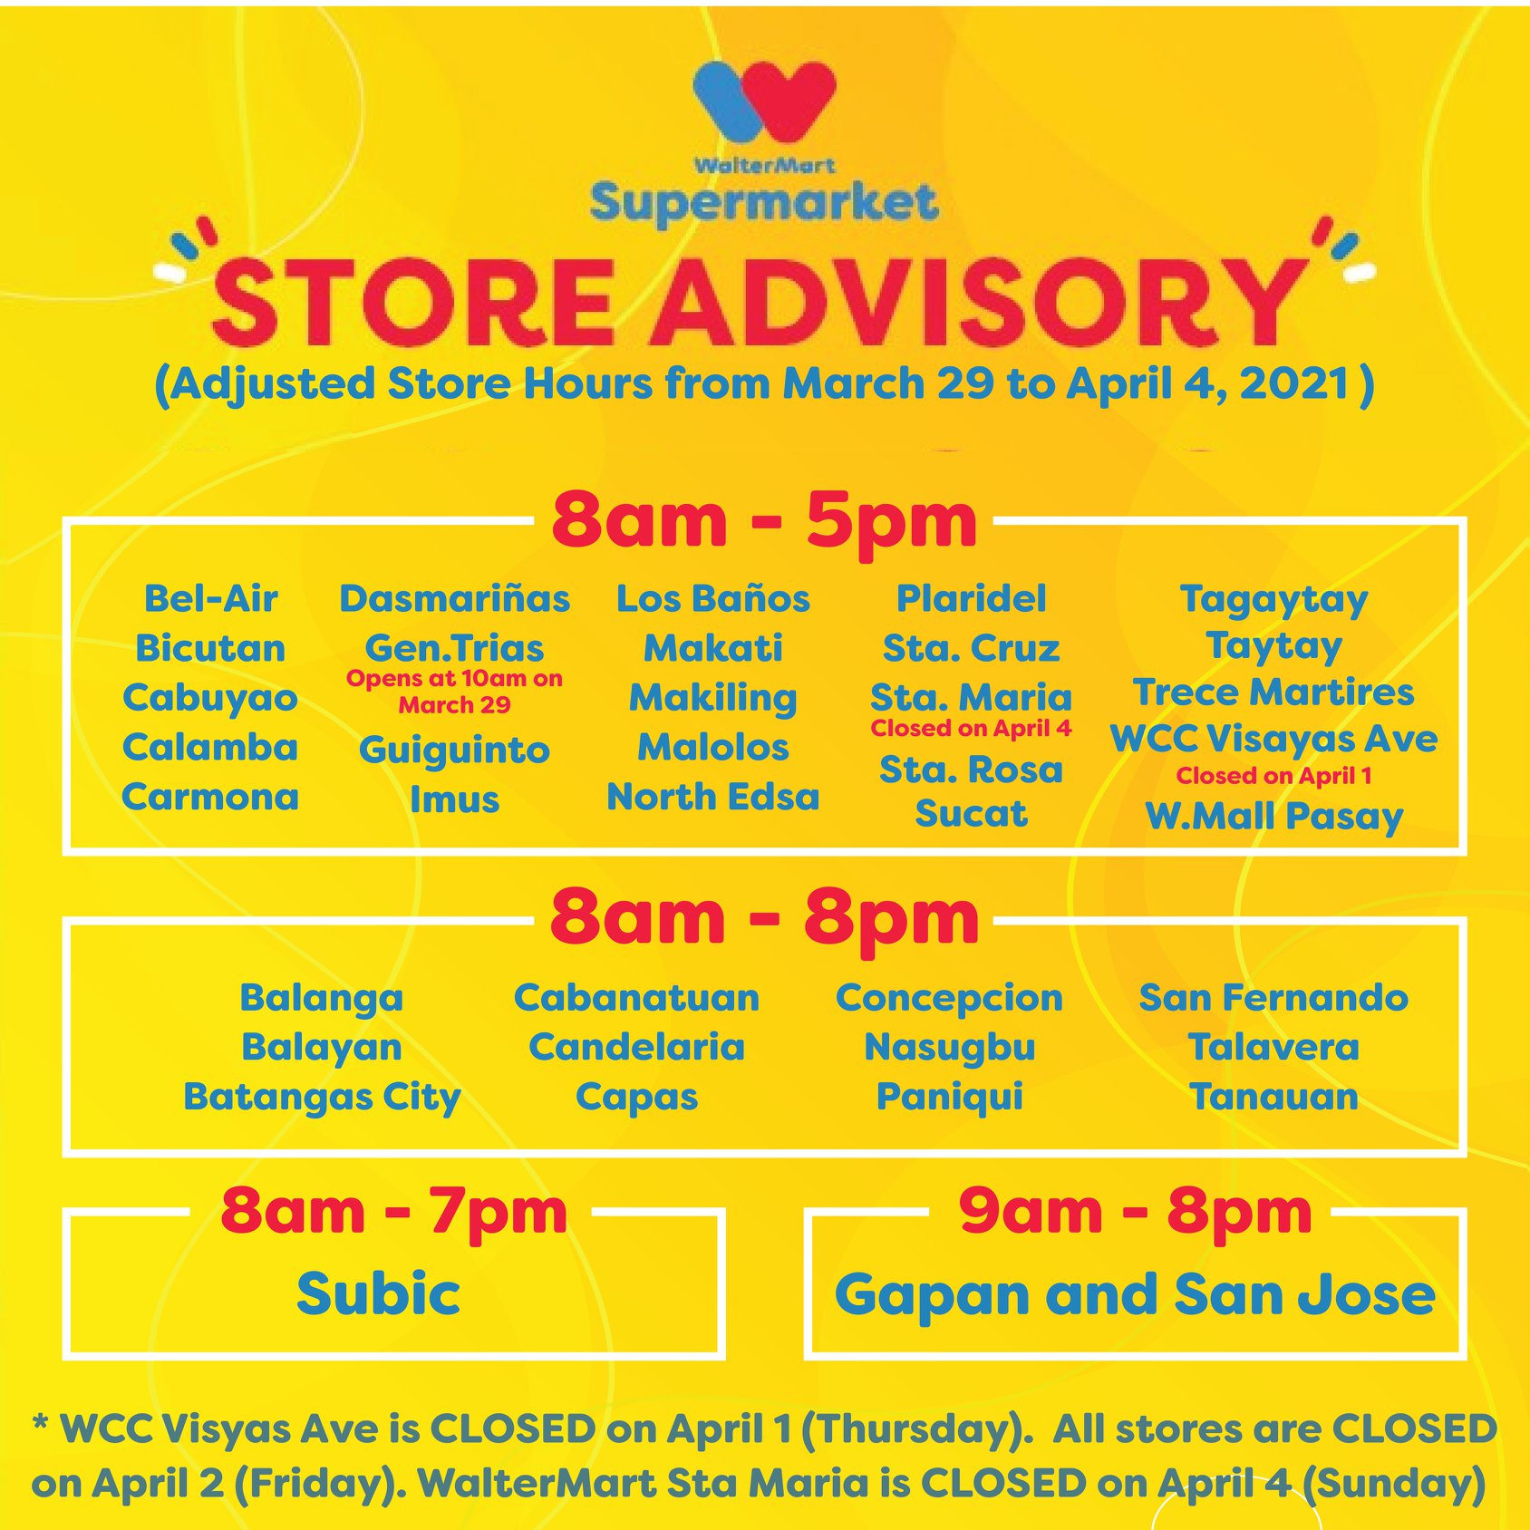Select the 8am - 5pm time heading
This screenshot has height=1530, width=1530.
(x=764, y=521)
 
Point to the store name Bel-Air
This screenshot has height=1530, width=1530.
(x=210, y=599)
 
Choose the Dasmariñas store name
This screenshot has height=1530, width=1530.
(x=454, y=599)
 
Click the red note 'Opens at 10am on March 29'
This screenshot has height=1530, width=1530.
(x=454, y=692)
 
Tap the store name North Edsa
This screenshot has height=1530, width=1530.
(x=713, y=797)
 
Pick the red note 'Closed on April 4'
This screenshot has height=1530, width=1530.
(x=971, y=729)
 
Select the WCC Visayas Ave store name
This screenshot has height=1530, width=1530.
(x=1273, y=739)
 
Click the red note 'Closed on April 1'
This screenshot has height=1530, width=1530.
(x=1273, y=776)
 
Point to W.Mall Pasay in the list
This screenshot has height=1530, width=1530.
(x=1273, y=817)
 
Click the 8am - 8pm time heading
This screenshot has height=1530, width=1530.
(x=764, y=918)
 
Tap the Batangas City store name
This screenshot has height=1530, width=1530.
(x=322, y=1098)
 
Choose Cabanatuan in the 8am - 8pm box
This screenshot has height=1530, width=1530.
(x=636, y=998)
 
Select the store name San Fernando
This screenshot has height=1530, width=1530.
(x=1273, y=998)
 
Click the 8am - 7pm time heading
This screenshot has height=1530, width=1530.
(x=393, y=1212)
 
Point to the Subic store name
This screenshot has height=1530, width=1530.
(x=378, y=1293)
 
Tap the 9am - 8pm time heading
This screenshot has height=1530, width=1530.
(x=1135, y=1212)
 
